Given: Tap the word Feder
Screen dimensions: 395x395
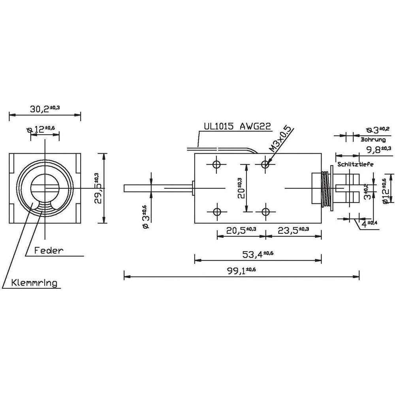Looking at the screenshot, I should (49, 250).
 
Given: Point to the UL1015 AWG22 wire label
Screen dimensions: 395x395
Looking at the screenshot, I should (237, 126).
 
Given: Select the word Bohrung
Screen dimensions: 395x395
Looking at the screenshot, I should (373, 139).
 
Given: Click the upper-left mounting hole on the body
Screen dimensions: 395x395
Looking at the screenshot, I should (216, 165).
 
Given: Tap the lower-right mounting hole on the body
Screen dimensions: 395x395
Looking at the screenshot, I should (266, 212).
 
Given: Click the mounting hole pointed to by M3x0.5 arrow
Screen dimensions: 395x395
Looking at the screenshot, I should (266, 165).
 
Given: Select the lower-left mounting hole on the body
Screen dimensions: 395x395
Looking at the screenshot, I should (216, 212).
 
